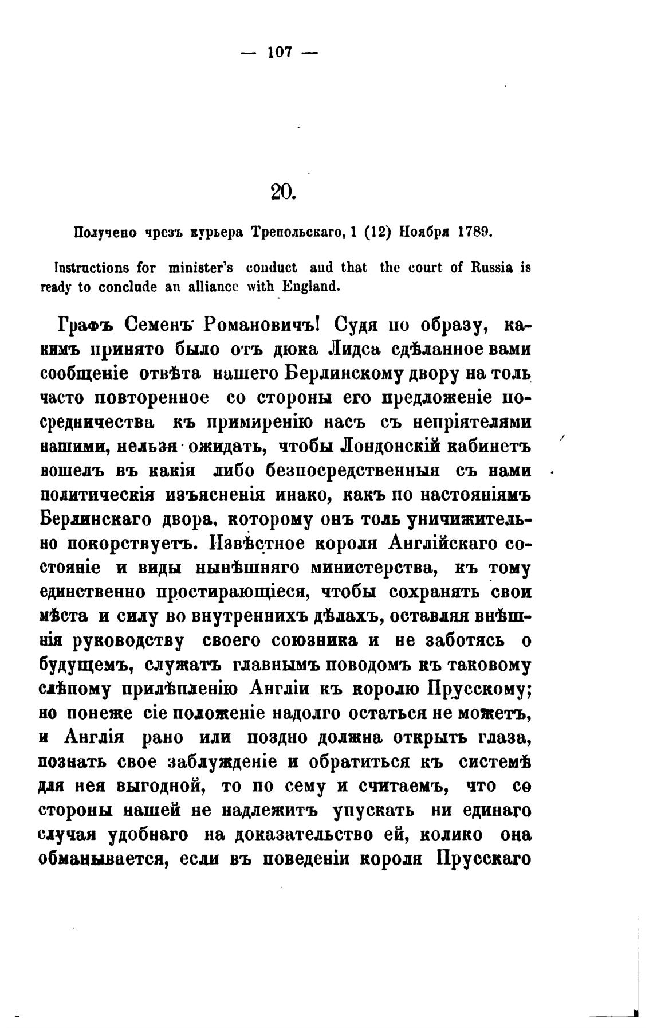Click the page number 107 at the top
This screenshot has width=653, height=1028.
[x=280, y=53]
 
